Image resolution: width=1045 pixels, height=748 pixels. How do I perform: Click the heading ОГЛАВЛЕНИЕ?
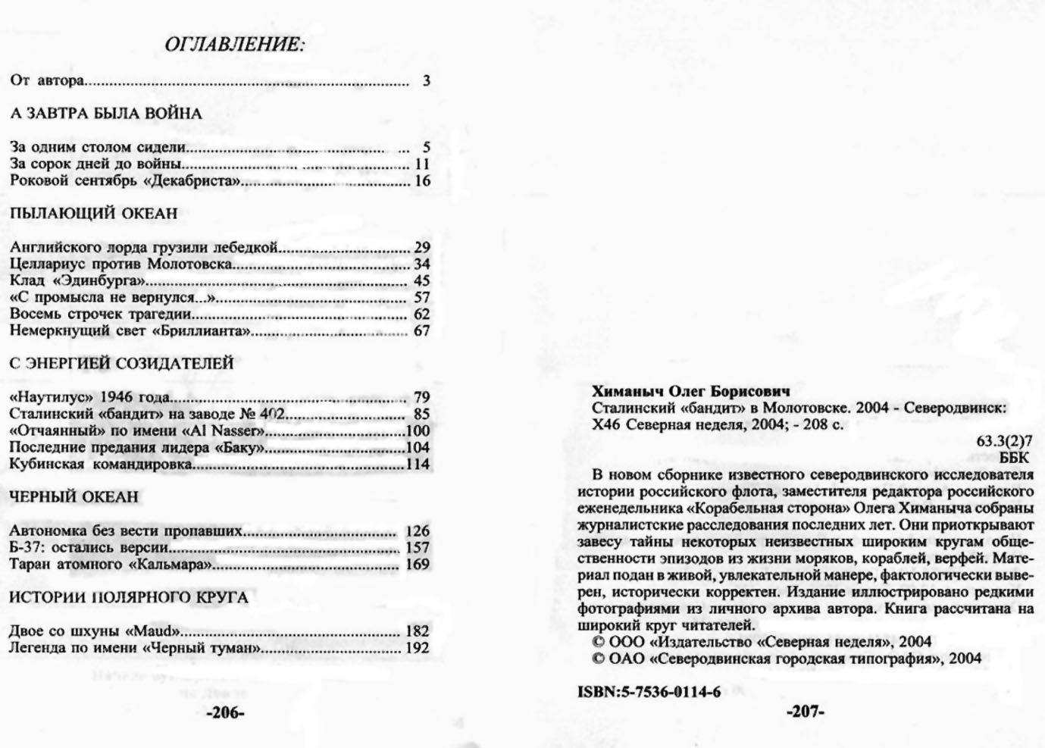coord(235,45)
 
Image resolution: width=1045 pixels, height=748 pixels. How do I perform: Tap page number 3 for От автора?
coord(427,80)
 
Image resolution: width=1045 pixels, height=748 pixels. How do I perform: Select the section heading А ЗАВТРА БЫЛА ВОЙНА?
coord(106,114)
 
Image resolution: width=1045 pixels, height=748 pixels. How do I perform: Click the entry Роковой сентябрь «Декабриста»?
coord(125,180)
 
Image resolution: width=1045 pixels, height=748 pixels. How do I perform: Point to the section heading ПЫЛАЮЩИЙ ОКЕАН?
coord(94,214)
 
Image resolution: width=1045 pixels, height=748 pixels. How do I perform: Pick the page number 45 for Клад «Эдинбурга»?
coord(421,280)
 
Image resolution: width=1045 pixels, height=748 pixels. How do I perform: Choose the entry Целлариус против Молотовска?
coord(121,264)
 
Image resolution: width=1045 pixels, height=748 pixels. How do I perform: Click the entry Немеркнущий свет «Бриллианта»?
coord(130,330)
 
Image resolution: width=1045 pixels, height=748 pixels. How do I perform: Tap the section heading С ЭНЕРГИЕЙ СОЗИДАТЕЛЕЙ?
coord(121,364)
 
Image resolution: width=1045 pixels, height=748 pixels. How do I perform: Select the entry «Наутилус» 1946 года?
coord(90,397)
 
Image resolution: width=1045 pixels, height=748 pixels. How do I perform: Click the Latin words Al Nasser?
coord(224,430)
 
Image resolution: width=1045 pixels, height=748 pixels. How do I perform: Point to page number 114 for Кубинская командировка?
coord(418,464)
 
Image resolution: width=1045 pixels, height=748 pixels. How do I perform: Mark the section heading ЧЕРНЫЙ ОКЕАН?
coord(74,497)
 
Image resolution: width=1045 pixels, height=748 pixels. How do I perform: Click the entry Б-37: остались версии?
coord(89,547)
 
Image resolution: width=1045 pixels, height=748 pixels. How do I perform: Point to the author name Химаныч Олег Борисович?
coord(690,391)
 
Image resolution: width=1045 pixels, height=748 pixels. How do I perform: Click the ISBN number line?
coord(649,691)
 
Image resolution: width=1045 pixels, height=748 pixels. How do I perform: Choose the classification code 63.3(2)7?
coord(1004,441)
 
